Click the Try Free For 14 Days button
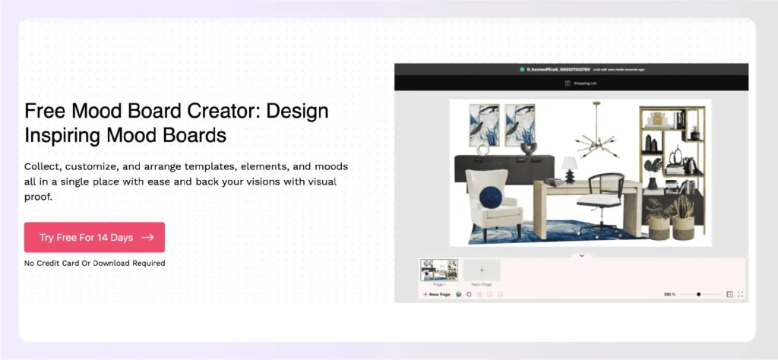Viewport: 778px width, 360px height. (x=94, y=237)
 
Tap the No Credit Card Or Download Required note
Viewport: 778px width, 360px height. (x=94, y=264)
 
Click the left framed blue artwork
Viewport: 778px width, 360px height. (x=483, y=125)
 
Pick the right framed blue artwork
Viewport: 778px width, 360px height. (x=520, y=125)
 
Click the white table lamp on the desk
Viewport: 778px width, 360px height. (x=569, y=168)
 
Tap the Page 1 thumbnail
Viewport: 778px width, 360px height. (x=439, y=270)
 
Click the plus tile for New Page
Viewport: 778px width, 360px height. (x=482, y=270)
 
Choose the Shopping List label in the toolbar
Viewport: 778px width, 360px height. (x=584, y=83)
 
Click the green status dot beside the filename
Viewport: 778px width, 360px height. (x=522, y=69)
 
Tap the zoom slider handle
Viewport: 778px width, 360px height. (x=698, y=294)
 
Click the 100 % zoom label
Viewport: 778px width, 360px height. (x=669, y=294)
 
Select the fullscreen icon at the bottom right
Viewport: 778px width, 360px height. (x=741, y=294)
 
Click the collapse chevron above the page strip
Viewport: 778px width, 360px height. (x=581, y=255)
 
